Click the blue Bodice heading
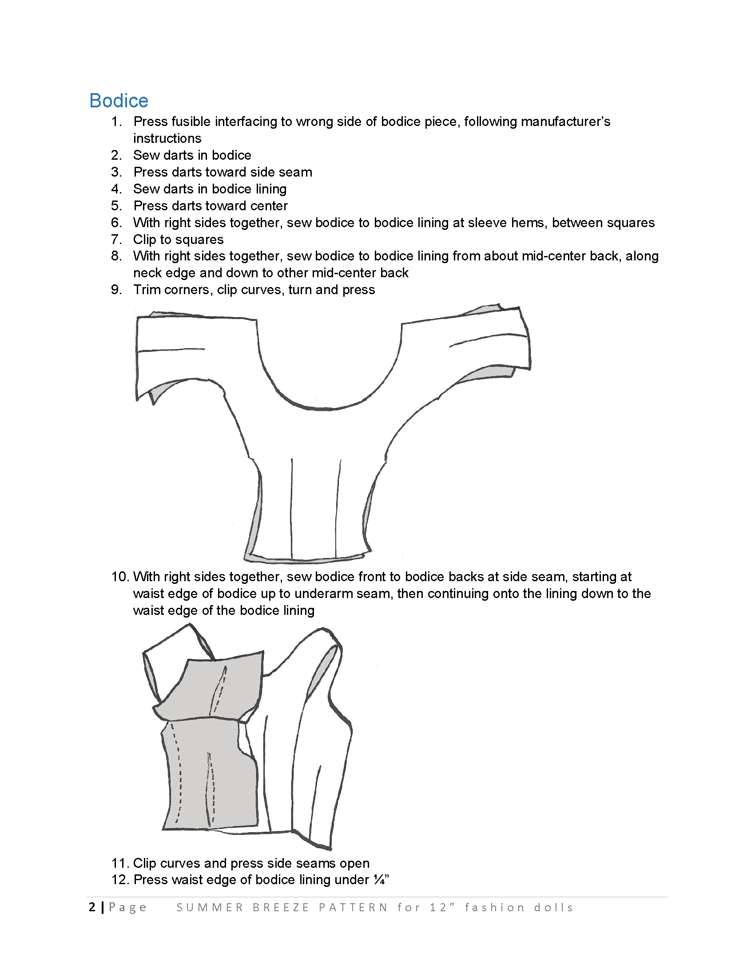point(119,101)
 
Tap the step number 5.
point(116,206)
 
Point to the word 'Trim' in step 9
point(149,290)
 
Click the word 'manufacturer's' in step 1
point(537,122)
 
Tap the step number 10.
point(119,577)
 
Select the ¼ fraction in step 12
point(379,880)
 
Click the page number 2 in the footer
point(92,907)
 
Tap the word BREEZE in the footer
point(281,908)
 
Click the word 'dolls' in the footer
point(553,908)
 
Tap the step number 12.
point(119,880)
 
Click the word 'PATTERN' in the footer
point(354,908)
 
